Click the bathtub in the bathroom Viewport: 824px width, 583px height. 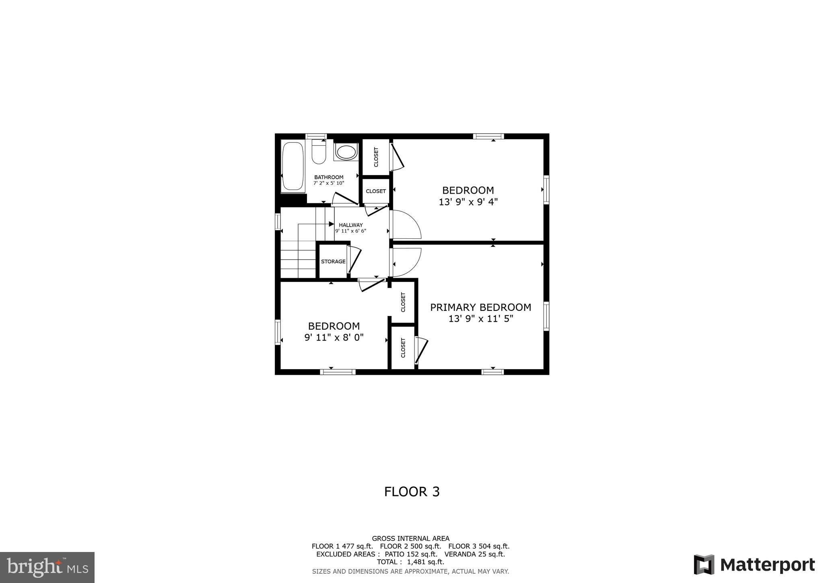tap(293, 166)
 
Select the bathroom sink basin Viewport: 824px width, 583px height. tap(346, 152)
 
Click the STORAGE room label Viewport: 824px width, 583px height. tap(333, 262)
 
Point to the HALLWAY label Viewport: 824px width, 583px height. tap(351, 225)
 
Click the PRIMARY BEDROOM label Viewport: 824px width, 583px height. tap(480, 308)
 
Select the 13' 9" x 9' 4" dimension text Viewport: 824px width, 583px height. tap(468, 202)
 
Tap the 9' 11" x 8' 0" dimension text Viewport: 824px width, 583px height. tap(334, 337)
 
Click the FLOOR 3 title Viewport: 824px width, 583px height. tap(412, 492)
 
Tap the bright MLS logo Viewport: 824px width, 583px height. tap(47, 567)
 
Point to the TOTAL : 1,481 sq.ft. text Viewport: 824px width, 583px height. tap(410, 562)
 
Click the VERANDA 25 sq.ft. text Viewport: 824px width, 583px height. tap(474, 554)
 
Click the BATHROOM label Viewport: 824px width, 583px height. tap(329, 177)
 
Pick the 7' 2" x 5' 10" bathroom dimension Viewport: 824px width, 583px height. tap(329, 183)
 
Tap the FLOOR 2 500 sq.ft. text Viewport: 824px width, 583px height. tap(410, 546)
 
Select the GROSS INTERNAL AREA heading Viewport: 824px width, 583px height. tap(410, 538)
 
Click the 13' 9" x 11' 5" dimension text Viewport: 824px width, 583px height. tap(481, 319)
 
